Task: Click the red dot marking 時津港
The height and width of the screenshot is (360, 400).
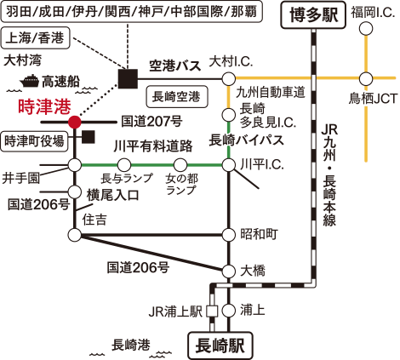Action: (75, 123)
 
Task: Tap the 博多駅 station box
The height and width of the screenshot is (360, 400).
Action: (313, 14)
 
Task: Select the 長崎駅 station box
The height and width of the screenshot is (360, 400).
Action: (220, 346)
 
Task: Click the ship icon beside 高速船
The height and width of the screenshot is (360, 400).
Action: (30, 81)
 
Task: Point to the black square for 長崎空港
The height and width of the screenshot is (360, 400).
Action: (128, 79)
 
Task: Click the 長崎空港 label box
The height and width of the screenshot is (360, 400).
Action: (177, 97)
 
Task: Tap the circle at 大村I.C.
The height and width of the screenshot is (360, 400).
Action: (228, 78)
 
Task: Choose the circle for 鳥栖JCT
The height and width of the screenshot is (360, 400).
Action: (366, 78)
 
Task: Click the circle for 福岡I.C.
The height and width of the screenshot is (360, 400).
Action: (366, 29)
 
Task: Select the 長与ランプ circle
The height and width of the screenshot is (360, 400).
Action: (124, 165)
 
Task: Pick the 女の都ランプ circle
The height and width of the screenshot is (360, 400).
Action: (180, 165)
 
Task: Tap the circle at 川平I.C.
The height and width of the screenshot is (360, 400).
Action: (228, 165)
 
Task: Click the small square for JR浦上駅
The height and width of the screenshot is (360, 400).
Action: (212, 311)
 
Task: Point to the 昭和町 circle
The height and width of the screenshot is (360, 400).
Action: (228, 235)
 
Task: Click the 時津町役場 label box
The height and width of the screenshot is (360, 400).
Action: (35, 141)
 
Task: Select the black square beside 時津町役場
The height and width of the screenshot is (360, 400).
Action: (89, 137)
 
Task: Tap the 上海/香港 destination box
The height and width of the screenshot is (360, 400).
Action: (35, 37)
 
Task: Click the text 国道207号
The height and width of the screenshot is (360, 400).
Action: (151, 122)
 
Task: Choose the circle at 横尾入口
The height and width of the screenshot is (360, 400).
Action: (75, 192)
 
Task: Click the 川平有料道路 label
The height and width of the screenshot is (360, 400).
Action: (153, 146)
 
